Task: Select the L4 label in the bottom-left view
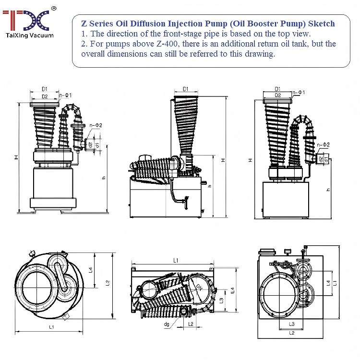coord(90,270)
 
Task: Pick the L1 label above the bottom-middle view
coord(175,260)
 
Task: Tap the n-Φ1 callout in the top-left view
coord(65,96)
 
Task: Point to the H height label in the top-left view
coord(16,157)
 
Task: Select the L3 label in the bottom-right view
coord(291,324)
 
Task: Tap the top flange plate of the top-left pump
coord(44,104)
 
